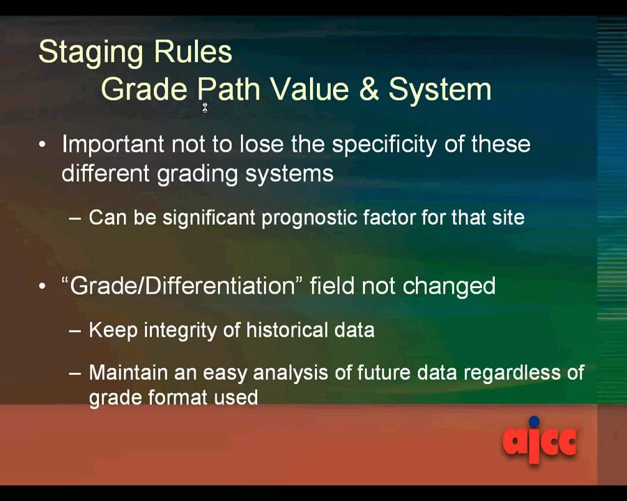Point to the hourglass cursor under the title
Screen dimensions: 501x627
pos(205,107)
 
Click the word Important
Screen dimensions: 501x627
pos(113,145)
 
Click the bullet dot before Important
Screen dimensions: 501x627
pos(43,145)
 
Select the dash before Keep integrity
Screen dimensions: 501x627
pos(75,331)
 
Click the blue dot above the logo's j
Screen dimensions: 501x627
pos(534,422)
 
